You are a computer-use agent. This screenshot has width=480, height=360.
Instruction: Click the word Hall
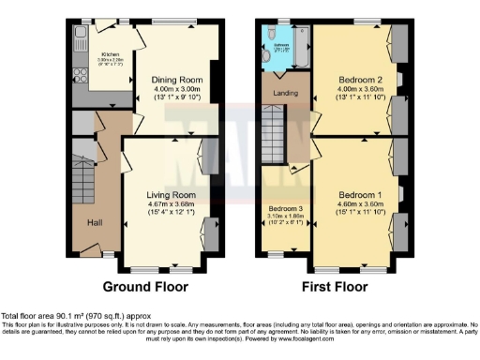point(95,222)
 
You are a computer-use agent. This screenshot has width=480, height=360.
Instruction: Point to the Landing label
point(285,94)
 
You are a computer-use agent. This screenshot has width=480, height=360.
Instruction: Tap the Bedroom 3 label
point(283,208)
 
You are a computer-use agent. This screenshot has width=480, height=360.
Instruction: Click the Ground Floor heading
point(145,286)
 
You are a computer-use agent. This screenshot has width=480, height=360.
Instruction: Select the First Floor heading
point(333,286)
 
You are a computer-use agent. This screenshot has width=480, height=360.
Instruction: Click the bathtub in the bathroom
point(302,47)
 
